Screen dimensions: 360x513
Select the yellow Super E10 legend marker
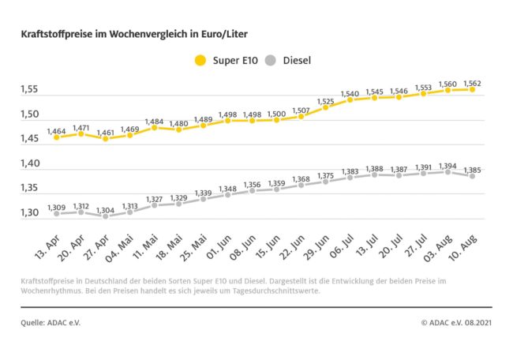tap(200, 60)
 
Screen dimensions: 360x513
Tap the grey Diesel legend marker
tap(271, 60)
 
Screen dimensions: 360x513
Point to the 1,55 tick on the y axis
tap(31, 89)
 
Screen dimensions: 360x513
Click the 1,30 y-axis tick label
tap(31, 212)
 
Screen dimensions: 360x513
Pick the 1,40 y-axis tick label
tap(31, 163)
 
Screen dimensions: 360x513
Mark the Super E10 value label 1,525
tap(326, 99)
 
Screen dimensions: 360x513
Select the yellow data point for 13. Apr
tap(56, 137)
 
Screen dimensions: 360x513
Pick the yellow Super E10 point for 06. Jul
tap(350, 99)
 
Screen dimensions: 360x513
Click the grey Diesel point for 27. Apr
tap(105, 216)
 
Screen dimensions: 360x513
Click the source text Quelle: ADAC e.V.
tap(51, 322)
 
